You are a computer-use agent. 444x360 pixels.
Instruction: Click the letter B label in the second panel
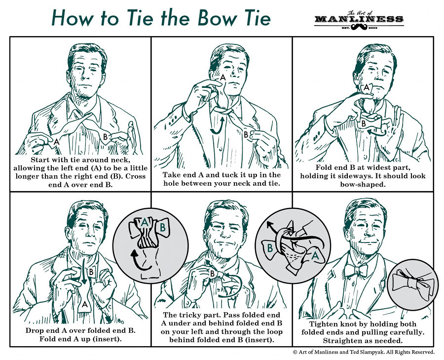point(245,134)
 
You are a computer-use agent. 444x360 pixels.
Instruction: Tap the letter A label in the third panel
point(366,88)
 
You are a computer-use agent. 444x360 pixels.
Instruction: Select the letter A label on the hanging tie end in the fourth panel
point(85,305)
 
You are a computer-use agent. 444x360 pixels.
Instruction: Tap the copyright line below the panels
point(364,352)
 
